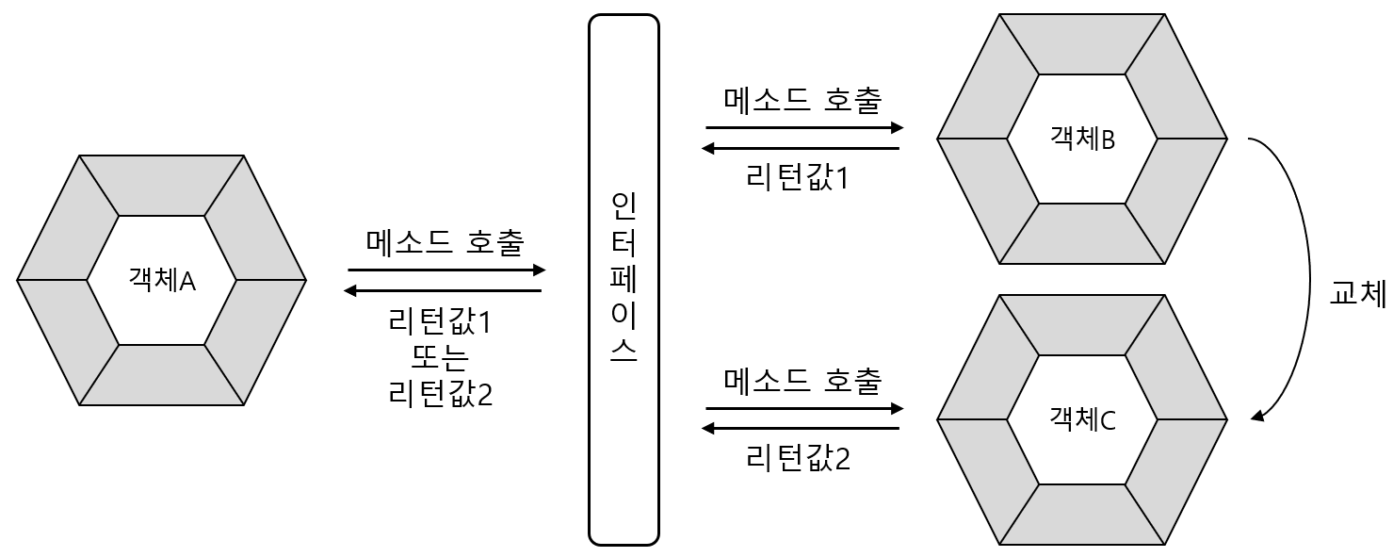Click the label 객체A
[161, 280]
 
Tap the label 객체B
[1081, 139]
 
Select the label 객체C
[1081, 420]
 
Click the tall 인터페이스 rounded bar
[624, 279]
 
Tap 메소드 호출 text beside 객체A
[445, 243]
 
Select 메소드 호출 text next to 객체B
[803, 99]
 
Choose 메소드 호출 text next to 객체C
[803, 381]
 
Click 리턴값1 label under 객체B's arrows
[797, 176]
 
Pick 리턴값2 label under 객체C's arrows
[797, 459]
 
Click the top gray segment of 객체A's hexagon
[161, 185]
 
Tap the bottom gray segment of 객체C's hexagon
[1081, 515]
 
